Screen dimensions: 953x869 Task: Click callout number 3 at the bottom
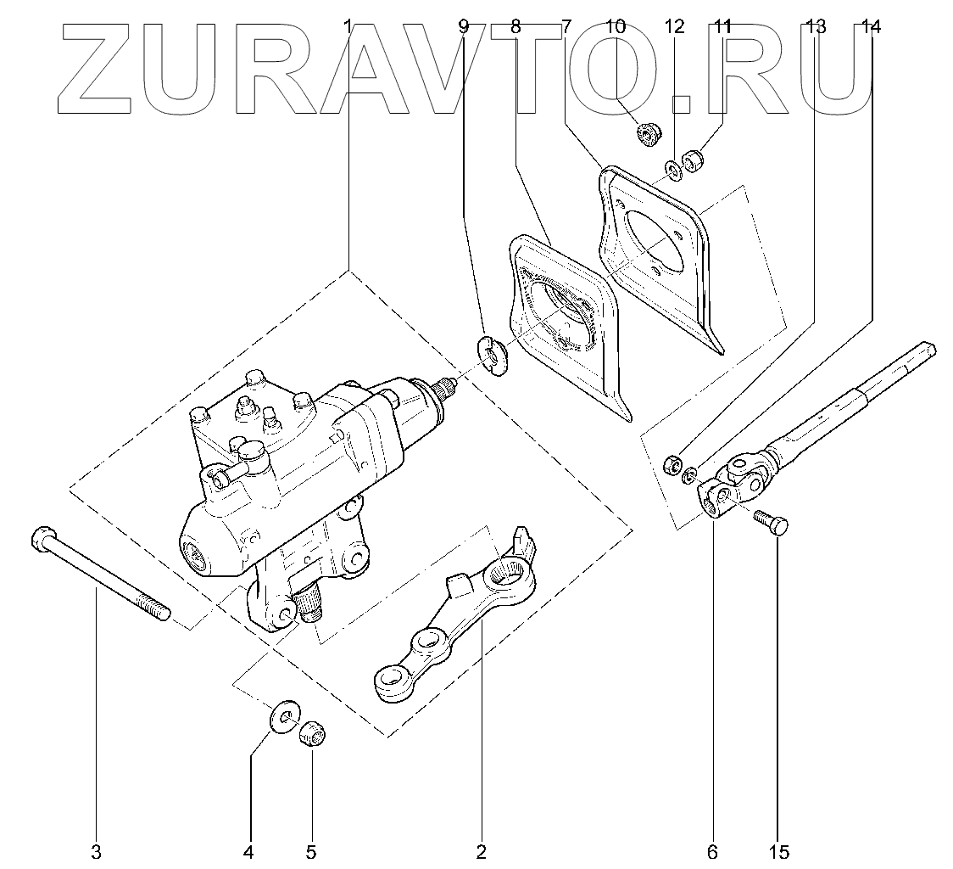pos(96,851)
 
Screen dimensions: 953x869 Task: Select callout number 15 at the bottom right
pos(779,851)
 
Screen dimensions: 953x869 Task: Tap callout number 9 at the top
pos(463,26)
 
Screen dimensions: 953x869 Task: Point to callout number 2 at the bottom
pos(482,851)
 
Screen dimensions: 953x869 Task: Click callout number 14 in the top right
pos(870,26)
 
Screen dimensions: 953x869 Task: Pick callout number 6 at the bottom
pos(712,851)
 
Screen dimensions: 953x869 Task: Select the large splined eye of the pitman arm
pos(512,570)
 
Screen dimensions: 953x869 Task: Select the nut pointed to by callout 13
pos(670,463)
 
